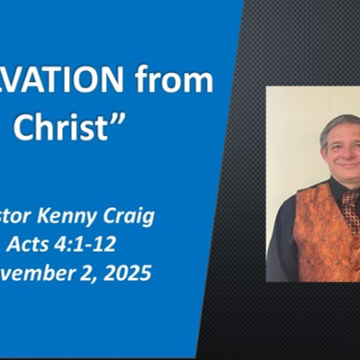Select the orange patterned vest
tap(315, 229)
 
